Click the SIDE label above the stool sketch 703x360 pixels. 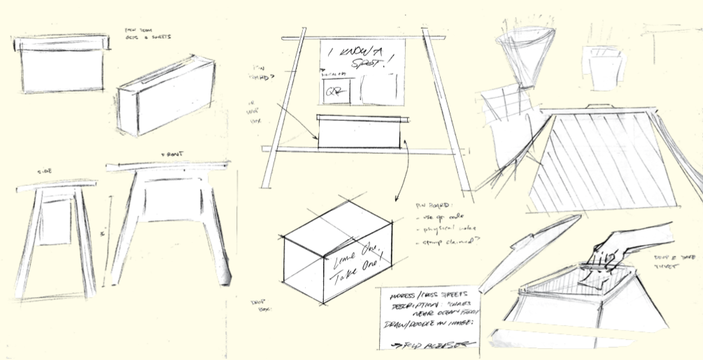point(43,170)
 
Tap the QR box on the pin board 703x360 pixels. point(335,91)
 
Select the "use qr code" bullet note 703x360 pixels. point(441,217)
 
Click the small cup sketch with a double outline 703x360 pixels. point(602,68)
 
